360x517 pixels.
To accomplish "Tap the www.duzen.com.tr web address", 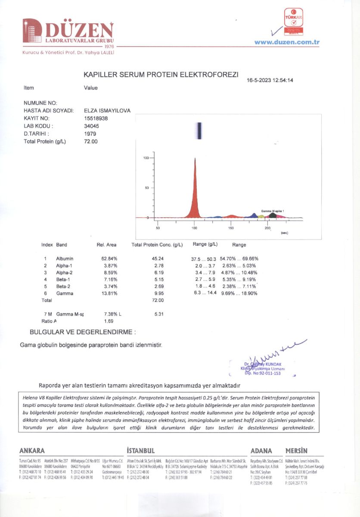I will tap(286, 42).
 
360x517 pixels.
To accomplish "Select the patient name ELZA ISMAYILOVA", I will tap(107, 111).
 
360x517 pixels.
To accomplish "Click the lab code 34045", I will tap(92, 126).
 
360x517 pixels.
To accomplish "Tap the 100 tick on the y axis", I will tap(146, 158).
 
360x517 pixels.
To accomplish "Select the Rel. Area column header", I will tap(106, 245).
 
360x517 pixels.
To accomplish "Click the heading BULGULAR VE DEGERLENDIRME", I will tap(82, 332).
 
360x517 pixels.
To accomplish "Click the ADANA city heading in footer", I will tap(261, 451).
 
